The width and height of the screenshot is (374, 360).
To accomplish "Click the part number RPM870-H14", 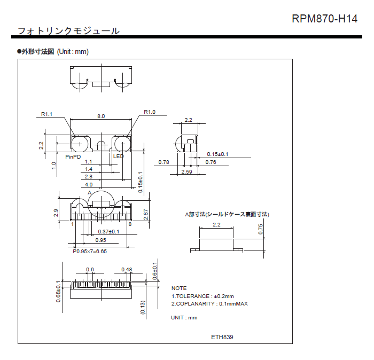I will click(324, 19).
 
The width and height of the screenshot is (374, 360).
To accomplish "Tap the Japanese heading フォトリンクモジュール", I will click(68, 30).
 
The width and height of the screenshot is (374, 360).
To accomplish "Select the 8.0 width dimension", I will click(101, 116).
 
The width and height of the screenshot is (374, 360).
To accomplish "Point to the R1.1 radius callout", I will click(47, 114).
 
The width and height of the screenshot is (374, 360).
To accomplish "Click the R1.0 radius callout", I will click(150, 112).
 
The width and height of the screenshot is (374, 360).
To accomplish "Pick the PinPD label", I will click(73, 156).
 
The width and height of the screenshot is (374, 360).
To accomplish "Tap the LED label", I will click(118, 156).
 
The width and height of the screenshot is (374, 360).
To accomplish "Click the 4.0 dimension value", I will click(89, 184).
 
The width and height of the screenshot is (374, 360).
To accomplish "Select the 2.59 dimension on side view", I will click(186, 171).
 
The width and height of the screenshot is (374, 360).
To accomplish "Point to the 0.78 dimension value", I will click(164, 162).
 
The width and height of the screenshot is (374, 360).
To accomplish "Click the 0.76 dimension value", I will click(211, 162).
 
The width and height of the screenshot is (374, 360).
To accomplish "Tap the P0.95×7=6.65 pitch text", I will click(90, 251).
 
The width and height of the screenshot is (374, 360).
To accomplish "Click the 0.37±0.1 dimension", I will click(109, 232).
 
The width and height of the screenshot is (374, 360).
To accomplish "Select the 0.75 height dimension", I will click(261, 229).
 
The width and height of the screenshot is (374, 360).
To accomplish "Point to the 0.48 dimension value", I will click(127, 269).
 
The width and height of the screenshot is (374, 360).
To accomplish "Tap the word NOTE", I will click(179, 288).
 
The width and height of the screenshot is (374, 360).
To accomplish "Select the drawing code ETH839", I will click(222, 337).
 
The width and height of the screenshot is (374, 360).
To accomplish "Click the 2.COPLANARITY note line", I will click(209, 304).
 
